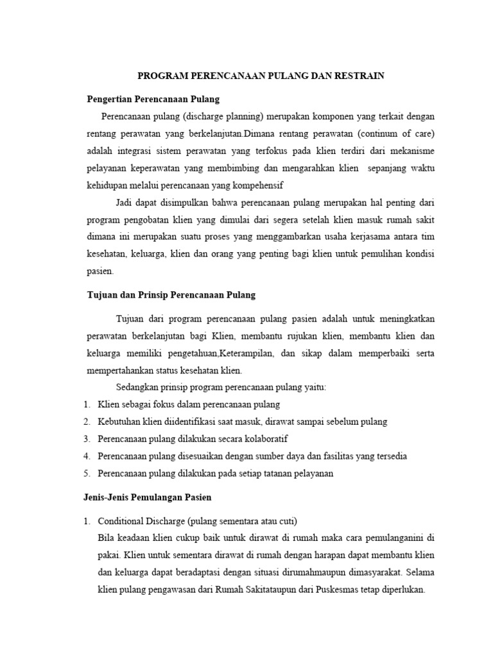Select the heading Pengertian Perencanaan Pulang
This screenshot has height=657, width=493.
click(153, 99)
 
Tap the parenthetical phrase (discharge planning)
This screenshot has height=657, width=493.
click(223, 117)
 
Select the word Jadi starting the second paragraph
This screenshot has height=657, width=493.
click(125, 203)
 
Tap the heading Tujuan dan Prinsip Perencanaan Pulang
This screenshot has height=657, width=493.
click(171, 295)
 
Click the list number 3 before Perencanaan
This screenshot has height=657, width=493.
click(86, 439)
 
